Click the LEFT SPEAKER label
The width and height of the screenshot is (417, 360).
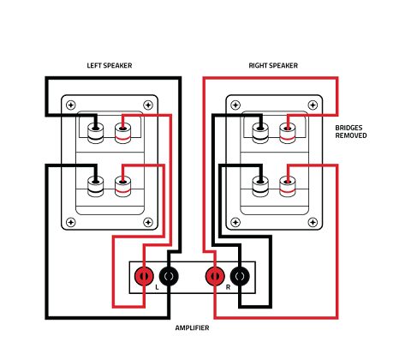110,66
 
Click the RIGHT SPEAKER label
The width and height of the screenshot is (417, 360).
273,66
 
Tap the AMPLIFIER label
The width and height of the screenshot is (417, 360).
192,327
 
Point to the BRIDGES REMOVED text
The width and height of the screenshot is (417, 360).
351,132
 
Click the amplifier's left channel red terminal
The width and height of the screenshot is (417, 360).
144,276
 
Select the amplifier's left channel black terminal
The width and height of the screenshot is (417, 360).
169,276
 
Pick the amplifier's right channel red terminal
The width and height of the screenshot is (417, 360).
215,276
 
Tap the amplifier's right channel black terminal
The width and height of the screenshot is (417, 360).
240,276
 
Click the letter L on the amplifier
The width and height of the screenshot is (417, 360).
157,287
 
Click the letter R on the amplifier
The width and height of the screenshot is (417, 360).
228,287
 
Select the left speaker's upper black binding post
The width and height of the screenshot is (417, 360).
96,133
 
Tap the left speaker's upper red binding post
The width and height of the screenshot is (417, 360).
123,133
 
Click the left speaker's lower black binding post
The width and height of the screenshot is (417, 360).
96,186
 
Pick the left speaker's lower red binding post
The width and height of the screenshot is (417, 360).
123,186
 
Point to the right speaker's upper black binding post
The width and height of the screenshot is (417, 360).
260,133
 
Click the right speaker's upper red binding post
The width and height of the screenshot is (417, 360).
288,133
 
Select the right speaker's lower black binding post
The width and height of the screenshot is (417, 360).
260,186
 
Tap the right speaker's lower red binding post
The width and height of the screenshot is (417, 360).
288,186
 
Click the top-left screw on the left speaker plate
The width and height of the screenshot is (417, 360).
71,105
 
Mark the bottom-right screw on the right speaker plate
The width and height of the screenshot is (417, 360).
313,222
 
